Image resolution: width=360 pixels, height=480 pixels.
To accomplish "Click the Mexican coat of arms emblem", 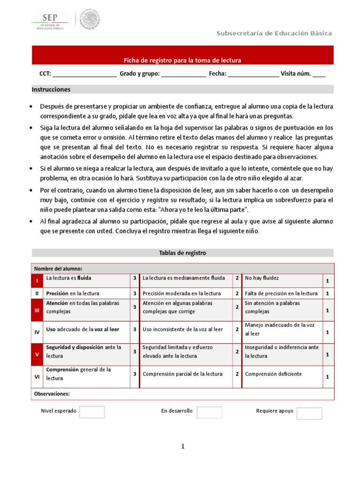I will pyautogui.click(x=89, y=19).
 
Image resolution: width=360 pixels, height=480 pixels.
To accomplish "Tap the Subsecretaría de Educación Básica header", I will pyautogui.click(x=274, y=33).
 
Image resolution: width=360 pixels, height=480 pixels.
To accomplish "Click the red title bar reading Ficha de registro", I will pyautogui.click(x=182, y=60).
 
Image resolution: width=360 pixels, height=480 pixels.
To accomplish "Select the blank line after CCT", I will pyautogui.click(x=84, y=74).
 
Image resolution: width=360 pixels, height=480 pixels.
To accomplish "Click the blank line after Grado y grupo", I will pyautogui.click(x=183, y=74).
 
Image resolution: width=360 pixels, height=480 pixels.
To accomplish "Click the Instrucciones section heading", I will pyautogui.click(x=51, y=89).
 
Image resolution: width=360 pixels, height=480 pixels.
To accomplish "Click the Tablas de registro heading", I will pyautogui.click(x=182, y=253).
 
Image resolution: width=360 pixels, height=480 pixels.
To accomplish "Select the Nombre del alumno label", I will pyautogui.click(x=58, y=269).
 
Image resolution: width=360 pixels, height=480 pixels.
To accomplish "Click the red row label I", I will pyautogui.click(x=37, y=280).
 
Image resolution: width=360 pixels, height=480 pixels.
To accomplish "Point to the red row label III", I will pyautogui.click(x=37, y=310).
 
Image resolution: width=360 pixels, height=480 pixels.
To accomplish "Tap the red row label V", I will pyautogui.click(x=37, y=354).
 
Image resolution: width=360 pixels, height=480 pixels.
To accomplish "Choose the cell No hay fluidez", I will pyautogui.click(x=262, y=278).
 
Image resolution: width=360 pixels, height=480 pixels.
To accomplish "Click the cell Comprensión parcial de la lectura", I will pyautogui.click(x=182, y=374).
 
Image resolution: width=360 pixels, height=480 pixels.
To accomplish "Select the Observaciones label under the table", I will pyautogui.click(x=52, y=394).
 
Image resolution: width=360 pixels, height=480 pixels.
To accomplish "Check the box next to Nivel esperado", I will pyautogui.click(x=92, y=412).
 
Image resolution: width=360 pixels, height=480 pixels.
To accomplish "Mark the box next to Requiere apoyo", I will pyautogui.click(x=309, y=413).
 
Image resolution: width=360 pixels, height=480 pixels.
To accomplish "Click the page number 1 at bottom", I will pyautogui.click(x=183, y=447).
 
